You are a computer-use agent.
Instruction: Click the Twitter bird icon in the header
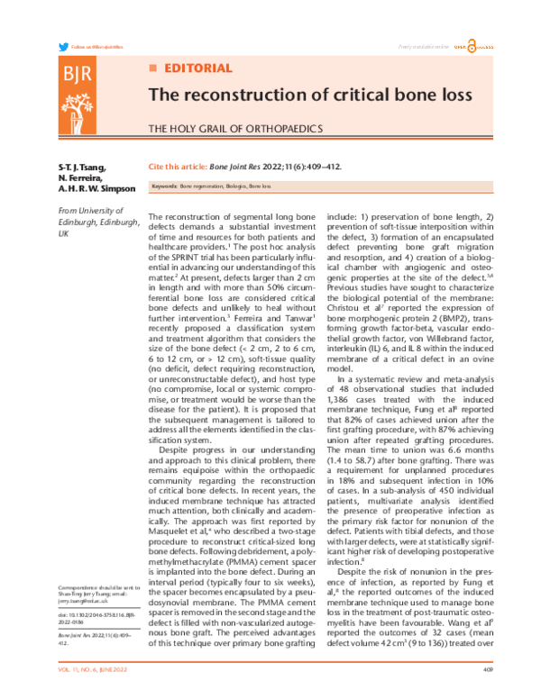[62, 46]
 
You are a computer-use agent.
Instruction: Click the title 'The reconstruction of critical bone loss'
[296, 95]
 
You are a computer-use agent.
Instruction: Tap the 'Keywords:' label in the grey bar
[164, 186]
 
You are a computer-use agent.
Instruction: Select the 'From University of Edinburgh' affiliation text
[98, 220]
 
